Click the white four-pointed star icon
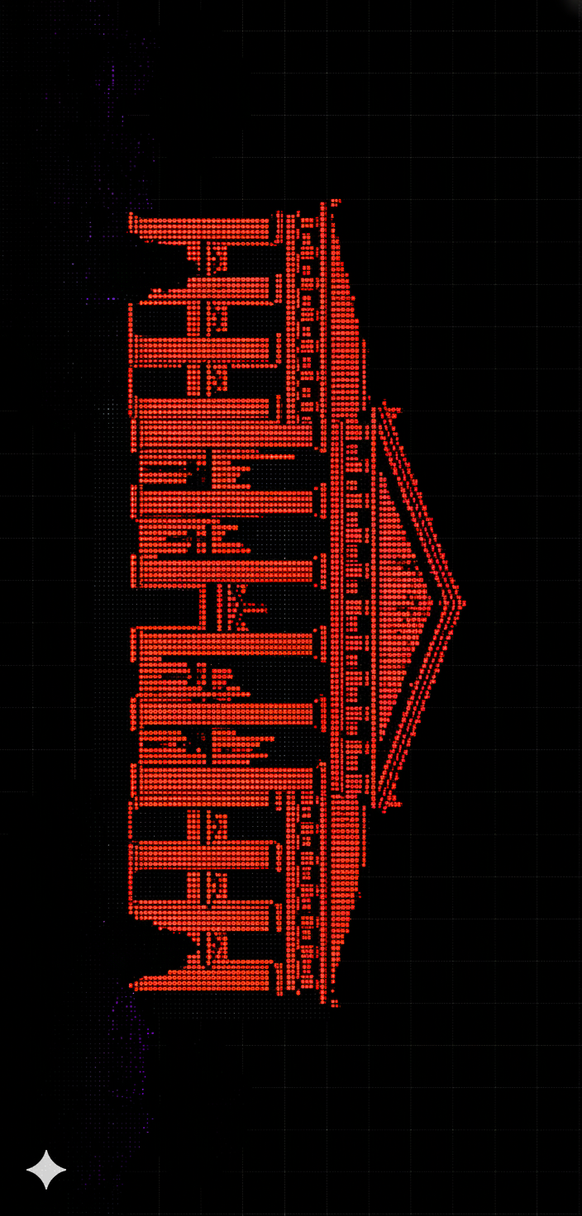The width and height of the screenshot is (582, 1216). (46, 1170)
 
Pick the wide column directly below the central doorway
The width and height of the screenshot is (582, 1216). (223, 644)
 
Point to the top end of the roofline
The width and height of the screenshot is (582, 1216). (335, 202)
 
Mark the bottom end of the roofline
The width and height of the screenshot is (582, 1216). (335, 1004)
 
